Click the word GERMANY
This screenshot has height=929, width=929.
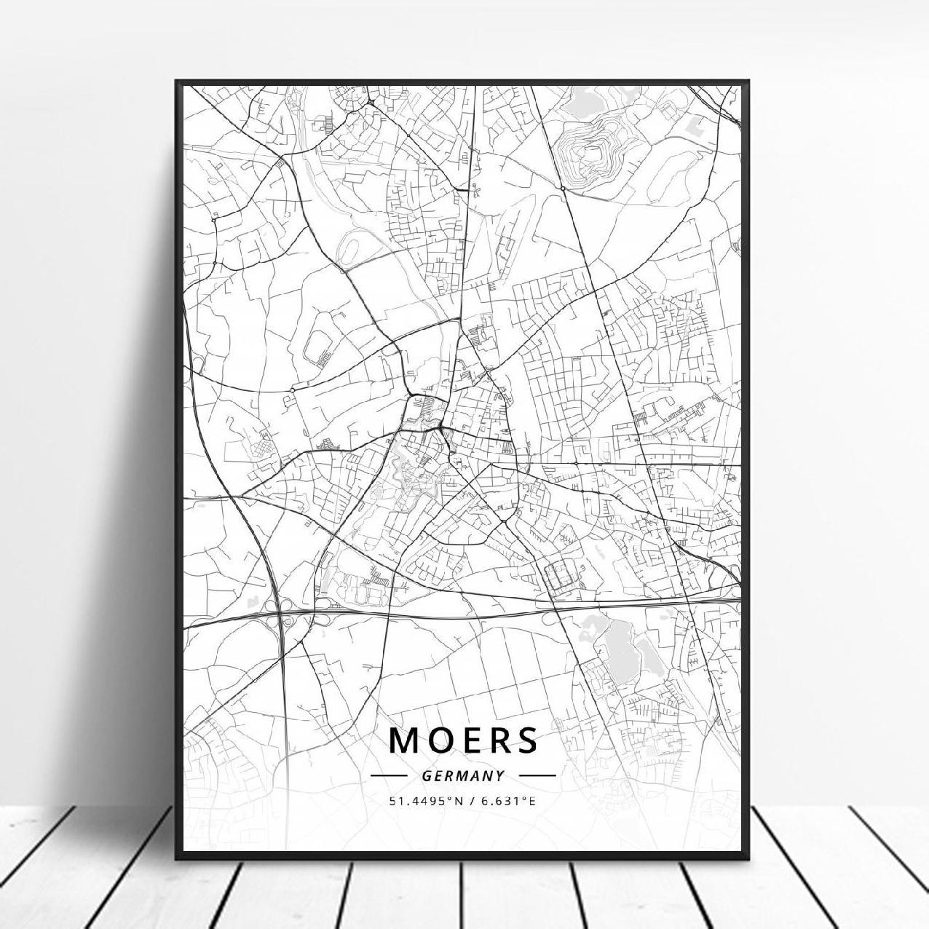(463, 776)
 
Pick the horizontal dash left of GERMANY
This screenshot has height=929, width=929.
(389, 776)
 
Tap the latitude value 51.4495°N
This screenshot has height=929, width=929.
(425, 802)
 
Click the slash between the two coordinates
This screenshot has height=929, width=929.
(474, 802)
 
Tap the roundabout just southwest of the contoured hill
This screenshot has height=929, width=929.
(563, 188)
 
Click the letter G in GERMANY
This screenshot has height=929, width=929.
(427, 776)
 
